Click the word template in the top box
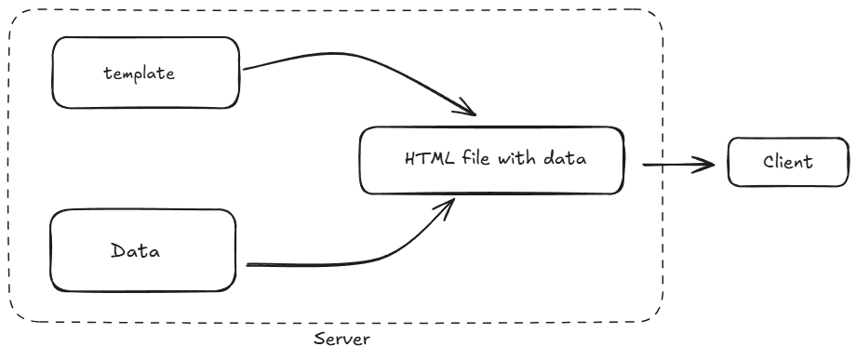point(139,73)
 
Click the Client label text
point(787,162)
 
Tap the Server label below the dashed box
point(341,340)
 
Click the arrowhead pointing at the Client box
point(711,165)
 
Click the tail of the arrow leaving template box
point(246,69)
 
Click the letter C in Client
point(769,162)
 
